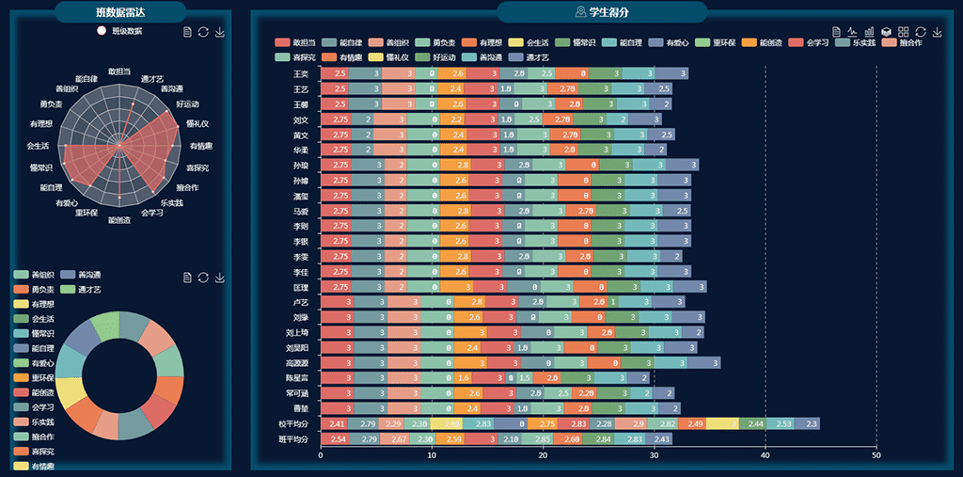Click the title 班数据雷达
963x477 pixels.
(x=119, y=12)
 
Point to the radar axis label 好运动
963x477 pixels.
(x=187, y=103)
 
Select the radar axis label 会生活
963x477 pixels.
(x=39, y=145)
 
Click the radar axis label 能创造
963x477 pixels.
(x=120, y=220)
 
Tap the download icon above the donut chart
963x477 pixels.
(x=220, y=278)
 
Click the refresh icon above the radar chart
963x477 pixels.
(x=203, y=32)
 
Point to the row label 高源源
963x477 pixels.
(x=297, y=363)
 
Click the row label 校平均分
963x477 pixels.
(x=293, y=424)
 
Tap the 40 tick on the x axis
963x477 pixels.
(x=766, y=455)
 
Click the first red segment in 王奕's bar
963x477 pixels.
(x=338, y=73)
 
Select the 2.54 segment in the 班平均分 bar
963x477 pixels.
(x=338, y=439)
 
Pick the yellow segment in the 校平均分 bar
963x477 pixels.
(x=722, y=424)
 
